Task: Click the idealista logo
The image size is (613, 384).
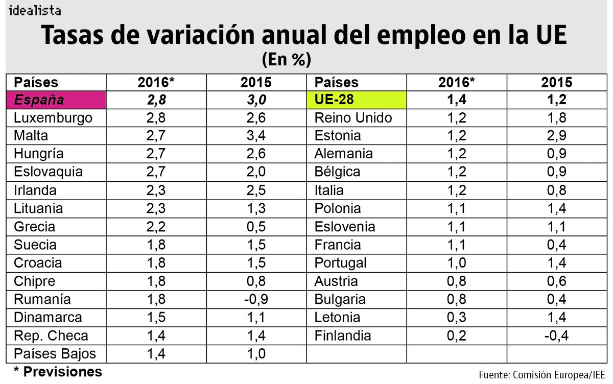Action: point(35,10)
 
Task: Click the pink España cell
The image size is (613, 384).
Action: point(56,100)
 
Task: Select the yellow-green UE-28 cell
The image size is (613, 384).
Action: point(356,100)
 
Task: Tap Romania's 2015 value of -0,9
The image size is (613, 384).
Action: point(255,299)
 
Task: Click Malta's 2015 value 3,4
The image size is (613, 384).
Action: point(255,136)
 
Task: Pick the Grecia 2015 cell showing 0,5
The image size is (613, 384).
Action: point(255,227)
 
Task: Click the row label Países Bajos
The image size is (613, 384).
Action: point(55,353)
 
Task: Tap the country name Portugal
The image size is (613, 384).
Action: point(340,263)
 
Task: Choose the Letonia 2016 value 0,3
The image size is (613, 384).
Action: point(457,317)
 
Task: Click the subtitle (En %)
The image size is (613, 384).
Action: point(286,60)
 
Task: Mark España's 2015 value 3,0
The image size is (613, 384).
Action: point(255,100)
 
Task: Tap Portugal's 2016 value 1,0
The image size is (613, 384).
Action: point(457,263)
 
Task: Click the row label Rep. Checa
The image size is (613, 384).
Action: point(51,335)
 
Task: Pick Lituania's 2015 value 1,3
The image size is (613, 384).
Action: point(255,208)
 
